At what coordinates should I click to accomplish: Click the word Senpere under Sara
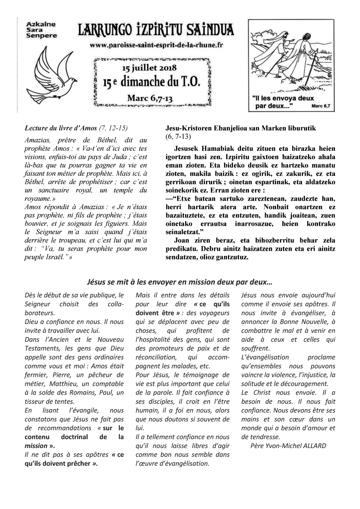(39, 37)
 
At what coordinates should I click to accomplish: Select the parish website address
(157, 45)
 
